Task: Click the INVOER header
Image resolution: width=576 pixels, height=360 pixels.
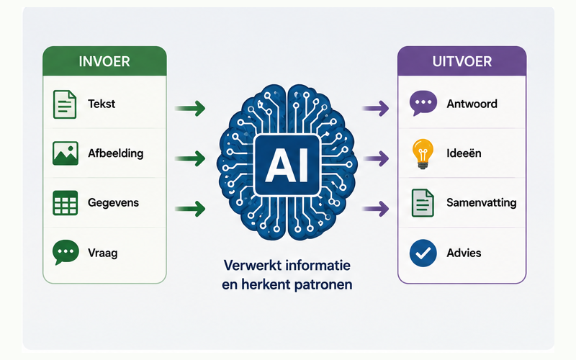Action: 104,61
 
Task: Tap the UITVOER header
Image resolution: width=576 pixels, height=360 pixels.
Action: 462,61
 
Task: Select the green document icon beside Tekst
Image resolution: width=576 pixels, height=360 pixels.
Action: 65,104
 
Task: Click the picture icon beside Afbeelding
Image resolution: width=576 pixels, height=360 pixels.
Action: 66,153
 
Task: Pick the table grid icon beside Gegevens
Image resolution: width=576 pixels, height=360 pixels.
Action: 66,203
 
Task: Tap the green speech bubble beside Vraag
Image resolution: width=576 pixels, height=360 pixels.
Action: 66,252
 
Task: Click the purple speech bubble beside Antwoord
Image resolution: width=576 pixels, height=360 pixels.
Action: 423,103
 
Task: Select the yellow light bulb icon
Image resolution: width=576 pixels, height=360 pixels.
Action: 423,153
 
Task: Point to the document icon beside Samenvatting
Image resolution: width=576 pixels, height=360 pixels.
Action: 423,203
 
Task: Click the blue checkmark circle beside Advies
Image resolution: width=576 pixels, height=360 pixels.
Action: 423,253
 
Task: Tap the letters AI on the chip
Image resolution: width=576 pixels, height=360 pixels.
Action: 287,165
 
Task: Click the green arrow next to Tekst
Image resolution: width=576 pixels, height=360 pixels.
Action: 190,109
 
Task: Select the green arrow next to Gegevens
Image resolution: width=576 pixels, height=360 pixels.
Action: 190,209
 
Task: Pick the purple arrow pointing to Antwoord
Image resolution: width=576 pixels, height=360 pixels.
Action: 376,109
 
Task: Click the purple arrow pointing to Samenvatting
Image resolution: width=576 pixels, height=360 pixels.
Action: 376,209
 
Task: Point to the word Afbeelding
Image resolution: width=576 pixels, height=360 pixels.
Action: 116,153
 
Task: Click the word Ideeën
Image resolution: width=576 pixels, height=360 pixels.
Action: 464,153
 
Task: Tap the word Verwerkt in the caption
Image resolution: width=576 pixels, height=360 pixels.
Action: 251,265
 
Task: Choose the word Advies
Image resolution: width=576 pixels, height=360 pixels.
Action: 464,253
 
